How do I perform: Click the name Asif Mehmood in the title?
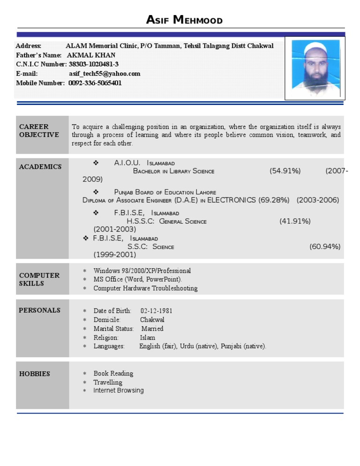point(184,20)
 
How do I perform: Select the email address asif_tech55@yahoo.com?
point(105,74)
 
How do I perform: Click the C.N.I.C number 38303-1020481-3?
point(93,64)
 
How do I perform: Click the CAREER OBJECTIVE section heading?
point(39,131)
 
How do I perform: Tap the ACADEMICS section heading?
point(40,167)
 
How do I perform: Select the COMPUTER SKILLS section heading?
point(39,279)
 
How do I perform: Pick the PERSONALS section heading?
point(39,310)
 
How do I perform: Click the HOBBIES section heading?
point(34,374)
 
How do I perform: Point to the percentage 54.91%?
point(285,171)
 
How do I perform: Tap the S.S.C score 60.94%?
point(325,247)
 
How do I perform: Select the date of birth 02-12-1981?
point(156,311)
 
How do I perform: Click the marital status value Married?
point(152,329)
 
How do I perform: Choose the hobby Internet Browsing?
point(119,391)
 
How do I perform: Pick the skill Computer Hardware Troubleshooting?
point(145,288)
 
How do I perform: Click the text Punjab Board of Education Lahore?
point(165,192)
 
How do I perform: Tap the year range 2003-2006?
point(317,200)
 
